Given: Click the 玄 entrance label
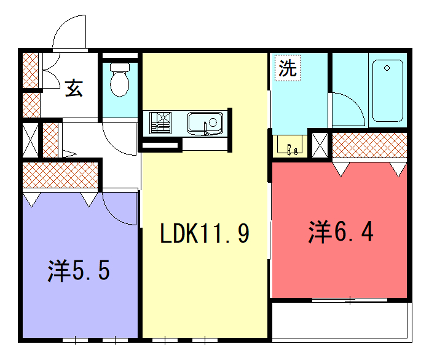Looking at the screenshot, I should point(74,87).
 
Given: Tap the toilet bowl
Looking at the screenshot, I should point(121,80).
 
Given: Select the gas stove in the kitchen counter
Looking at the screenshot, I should point(161,123).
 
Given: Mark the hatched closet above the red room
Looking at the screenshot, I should point(370,146).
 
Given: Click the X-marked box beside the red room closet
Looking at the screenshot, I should point(319,144).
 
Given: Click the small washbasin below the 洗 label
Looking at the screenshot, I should point(289,147).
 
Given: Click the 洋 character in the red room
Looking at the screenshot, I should point(319,233).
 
